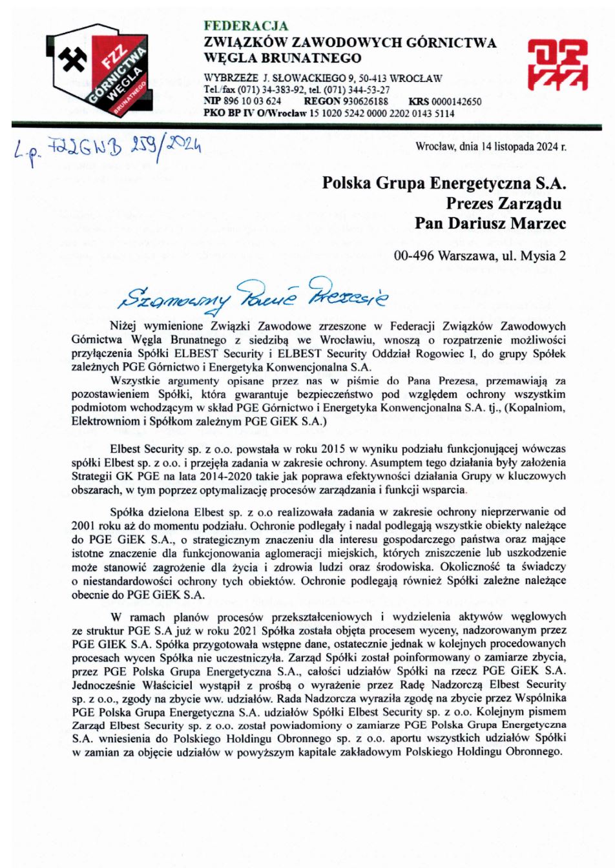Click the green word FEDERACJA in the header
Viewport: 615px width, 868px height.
pyautogui.click(x=245, y=26)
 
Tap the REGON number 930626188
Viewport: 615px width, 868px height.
pyautogui.click(x=365, y=101)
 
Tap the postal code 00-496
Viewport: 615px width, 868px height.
pyautogui.click(x=413, y=256)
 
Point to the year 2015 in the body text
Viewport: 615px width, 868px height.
pyautogui.click(x=289, y=449)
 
